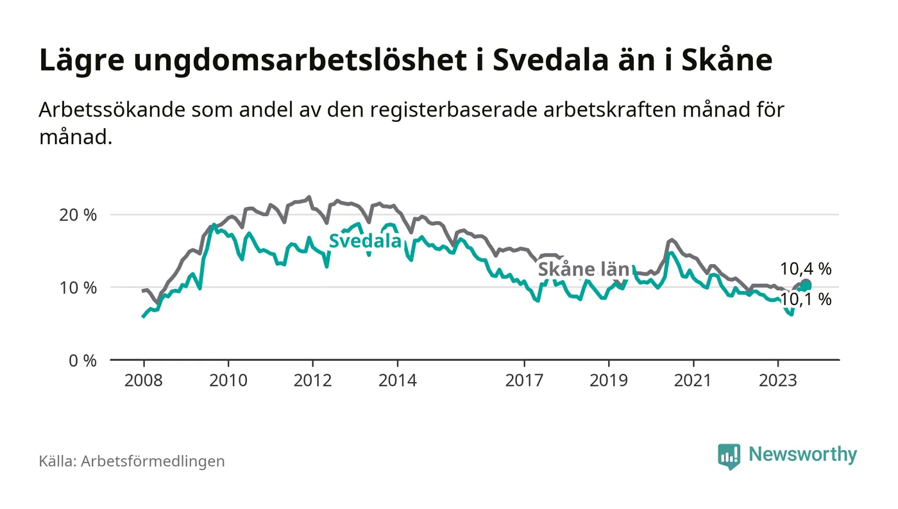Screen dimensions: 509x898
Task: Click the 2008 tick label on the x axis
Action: pos(143,380)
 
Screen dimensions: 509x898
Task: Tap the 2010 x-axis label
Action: pos(228,380)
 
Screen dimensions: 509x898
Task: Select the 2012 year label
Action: pos(312,380)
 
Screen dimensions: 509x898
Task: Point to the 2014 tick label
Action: pos(398,380)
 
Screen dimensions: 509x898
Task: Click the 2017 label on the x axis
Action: pos(525,380)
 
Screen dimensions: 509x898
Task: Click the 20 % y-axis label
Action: pos(78,215)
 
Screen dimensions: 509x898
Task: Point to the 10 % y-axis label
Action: pos(78,287)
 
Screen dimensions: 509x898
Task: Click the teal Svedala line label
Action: pos(365,242)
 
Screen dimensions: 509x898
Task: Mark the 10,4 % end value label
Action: pos(806,269)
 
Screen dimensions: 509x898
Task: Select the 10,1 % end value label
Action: pos(806,299)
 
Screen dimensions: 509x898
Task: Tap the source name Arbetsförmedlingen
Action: pos(153,461)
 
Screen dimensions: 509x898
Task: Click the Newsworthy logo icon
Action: pos(729,456)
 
